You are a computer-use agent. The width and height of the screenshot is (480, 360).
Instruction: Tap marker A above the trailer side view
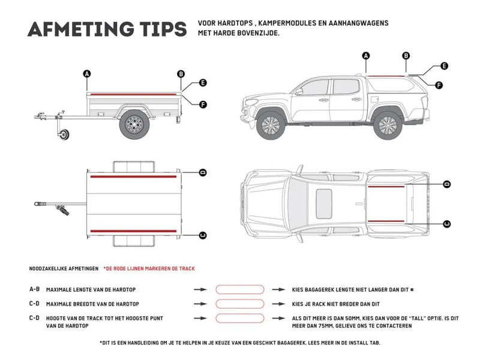coord(87,74)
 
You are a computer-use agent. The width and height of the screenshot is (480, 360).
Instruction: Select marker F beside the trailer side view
coord(203,104)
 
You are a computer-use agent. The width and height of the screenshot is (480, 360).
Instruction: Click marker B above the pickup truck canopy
coord(406,56)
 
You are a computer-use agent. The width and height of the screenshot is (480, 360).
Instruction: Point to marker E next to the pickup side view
coord(444,66)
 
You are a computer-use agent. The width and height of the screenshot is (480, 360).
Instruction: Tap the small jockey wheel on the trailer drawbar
coord(64,136)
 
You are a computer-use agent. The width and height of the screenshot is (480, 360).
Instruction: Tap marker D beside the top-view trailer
coord(203,172)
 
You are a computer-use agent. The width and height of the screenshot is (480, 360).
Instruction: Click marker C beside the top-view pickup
coord(446,224)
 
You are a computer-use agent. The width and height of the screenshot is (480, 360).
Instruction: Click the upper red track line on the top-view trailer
coord(133,178)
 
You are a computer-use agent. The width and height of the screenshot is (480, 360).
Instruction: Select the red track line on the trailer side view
coord(134,93)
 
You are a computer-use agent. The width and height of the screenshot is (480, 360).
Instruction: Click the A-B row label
coord(35,289)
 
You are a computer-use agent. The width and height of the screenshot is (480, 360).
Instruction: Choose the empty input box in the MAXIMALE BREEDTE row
coord(239,304)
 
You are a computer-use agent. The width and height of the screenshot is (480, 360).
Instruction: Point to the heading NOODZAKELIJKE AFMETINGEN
coord(63,268)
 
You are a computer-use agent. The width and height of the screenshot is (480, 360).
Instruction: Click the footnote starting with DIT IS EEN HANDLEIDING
coord(240,343)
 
